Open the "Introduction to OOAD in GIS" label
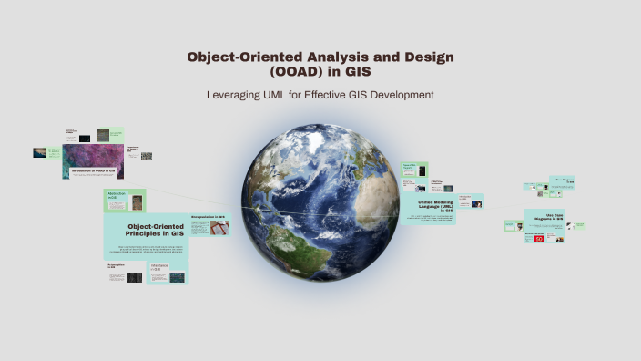93,170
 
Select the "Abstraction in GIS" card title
117,196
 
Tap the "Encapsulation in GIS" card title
209,217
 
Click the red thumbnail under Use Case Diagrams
539,239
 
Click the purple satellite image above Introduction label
95,151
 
